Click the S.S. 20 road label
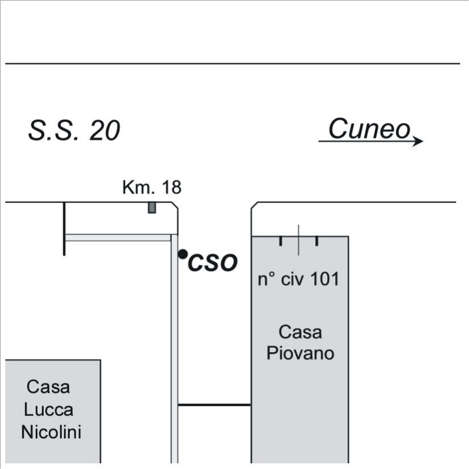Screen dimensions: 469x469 coord(74,131)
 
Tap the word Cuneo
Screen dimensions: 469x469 coord(369,129)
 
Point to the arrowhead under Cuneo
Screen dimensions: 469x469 coord(418,141)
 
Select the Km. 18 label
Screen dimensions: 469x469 coord(151,188)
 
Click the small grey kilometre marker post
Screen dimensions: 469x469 coord(151,208)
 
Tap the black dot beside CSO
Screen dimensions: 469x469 coord(182,254)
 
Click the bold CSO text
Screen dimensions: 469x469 coord(212,263)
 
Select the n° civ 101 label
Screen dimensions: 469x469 coord(299,279)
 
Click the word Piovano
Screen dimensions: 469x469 coord(300,353)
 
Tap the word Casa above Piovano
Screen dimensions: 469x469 coord(300,331)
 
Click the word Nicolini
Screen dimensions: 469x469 coord(51,432)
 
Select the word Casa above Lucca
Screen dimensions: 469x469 coord(49,387)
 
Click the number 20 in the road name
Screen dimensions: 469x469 coord(105,131)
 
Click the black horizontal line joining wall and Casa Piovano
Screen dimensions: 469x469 coord(214,404)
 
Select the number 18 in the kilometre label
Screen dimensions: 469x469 coord(171,188)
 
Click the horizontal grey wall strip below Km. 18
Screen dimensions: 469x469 coord(118,238)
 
